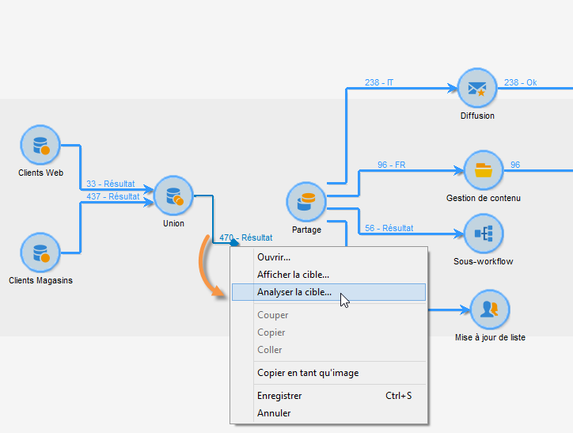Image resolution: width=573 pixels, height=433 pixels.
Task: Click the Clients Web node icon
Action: click(40, 146)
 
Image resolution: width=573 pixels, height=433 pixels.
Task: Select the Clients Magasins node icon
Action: click(40, 253)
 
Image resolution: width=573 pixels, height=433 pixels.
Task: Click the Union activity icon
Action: click(173, 196)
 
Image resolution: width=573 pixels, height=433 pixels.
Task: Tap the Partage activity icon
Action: click(306, 202)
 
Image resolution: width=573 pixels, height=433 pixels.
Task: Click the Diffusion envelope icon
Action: click(477, 89)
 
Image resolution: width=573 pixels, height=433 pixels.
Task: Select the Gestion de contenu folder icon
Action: click(483, 170)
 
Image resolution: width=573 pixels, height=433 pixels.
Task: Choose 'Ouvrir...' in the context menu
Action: click(274, 257)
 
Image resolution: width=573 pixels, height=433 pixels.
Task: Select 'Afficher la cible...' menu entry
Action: click(293, 275)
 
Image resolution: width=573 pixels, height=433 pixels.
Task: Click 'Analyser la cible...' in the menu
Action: click(294, 292)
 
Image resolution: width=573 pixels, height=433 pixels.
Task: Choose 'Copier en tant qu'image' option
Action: click(308, 373)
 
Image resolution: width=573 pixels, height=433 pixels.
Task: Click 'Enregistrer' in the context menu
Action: click(279, 396)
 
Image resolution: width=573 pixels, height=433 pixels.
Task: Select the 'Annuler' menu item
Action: click(274, 413)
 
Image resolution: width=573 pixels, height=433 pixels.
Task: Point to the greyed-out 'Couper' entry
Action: click(273, 315)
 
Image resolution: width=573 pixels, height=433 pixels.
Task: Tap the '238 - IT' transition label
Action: click(379, 82)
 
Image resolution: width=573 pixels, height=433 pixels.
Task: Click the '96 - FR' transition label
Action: click(393, 165)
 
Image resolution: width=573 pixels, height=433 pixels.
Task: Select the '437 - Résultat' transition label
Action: click(113, 196)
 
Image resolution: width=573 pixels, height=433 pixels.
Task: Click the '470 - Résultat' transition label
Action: click(246, 237)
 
